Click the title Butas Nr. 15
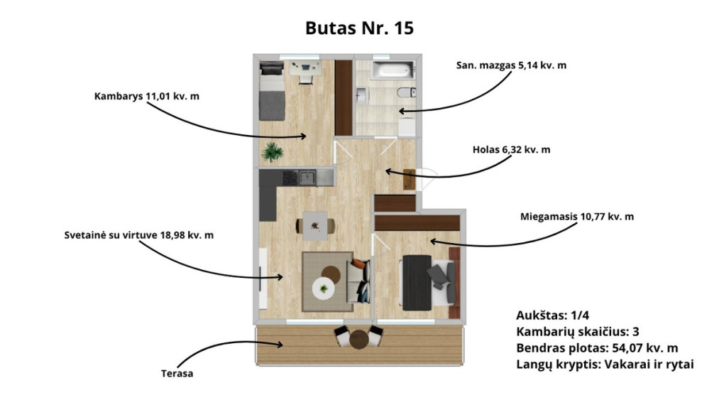pos(359,28)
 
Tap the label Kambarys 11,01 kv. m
pos(147,97)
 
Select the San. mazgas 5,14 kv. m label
pos(511,65)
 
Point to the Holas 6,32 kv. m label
pos(511,150)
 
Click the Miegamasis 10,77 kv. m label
pos(577,217)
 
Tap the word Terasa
pos(177,374)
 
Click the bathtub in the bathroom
pos(393,70)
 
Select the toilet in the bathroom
pos(407,92)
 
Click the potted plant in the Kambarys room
pos(273,151)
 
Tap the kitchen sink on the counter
pos(307,177)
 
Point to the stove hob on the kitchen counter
pos(290,178)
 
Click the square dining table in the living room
pos(315,226)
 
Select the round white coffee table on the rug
pos(324,288)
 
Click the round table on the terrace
pos(359,340)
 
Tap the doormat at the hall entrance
pos(409,179)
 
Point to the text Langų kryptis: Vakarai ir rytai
pos(605,364)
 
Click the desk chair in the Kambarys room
pos(305,80)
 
